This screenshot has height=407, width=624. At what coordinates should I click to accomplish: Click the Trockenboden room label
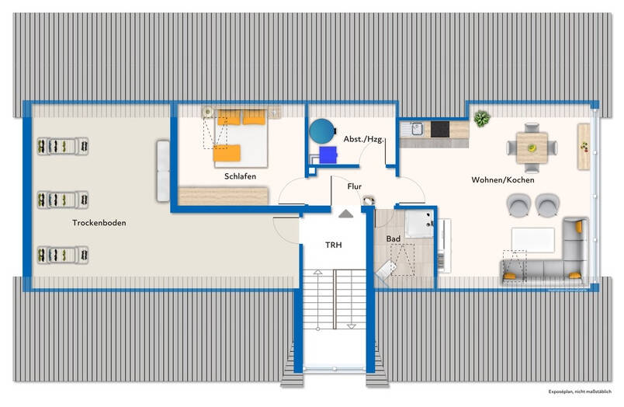pyautogui.click(x=99, y=223)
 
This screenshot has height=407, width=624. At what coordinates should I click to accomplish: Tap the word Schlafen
pyautogui.click(x=240, y=176)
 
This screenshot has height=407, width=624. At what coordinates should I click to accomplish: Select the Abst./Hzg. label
pyautogui.click(x=364, y=139)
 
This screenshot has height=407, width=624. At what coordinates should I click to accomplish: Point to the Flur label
pyautogui.click(x=354, y=186)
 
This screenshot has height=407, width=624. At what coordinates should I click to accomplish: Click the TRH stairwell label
pyautogui.click(x=334, y=245)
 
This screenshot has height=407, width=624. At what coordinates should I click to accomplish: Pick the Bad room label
pyautogui.click(x=393, y=239)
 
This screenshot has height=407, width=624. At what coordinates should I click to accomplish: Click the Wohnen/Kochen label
pyautogui.click(x=503, y=180)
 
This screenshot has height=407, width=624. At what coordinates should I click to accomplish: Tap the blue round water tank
pyautogui.click(x=322, y=131)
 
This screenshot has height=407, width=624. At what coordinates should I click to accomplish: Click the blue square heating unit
pyautogui.click(x=328, y=155)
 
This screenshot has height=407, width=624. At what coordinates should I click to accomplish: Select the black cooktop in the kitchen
pyautogui.click(x=440, y=130)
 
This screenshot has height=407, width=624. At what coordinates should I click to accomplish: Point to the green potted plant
pyautogui.click(x=482, y=119)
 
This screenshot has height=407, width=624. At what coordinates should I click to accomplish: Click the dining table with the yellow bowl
pyautogui.click(x=532, y=148)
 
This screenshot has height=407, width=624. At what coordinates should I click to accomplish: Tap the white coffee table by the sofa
pyautogui.click(x=533, y=240)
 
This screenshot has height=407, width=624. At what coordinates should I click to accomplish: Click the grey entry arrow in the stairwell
pyautogui.click(x=345, y=214)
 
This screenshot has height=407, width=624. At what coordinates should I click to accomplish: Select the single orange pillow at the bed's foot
pyautogui.click(x=227, y=153)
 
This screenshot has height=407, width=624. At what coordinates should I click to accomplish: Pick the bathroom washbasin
pyautogui.click(x=419, y=224)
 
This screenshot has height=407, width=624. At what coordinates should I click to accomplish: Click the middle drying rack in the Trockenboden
pyautogui.click(x=63, y=200)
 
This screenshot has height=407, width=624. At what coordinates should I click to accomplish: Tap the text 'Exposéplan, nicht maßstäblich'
pyautogui.click(x=580, y=392)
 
